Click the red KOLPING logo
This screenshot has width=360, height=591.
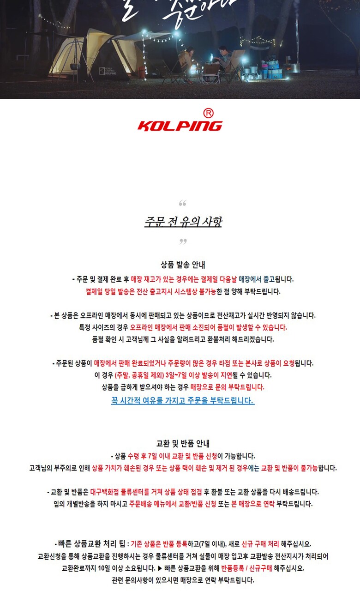pyautogui.click(x=180, y=126)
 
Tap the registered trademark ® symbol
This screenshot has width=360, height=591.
pyautogui.click(x=209, y=113)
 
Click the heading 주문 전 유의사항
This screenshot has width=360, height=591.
pyautogui.click(x=183, y=222)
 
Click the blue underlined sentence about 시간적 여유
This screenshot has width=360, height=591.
pyautogui.click(x=183, y=400)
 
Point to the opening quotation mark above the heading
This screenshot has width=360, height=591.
pyautogui.click(x=182, y=204)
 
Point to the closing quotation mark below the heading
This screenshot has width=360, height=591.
pyautogui.click(x=183, y=241)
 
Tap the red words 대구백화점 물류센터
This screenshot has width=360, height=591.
pyautogui.click(x=118, y=492)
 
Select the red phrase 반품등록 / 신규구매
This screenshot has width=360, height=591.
pyautogui.click(x=246, y=568)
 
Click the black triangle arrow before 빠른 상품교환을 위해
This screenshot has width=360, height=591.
pyautogui.click(x=160, y=568)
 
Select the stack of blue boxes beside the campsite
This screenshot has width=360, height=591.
pyautogui.click(x=274, y=69)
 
